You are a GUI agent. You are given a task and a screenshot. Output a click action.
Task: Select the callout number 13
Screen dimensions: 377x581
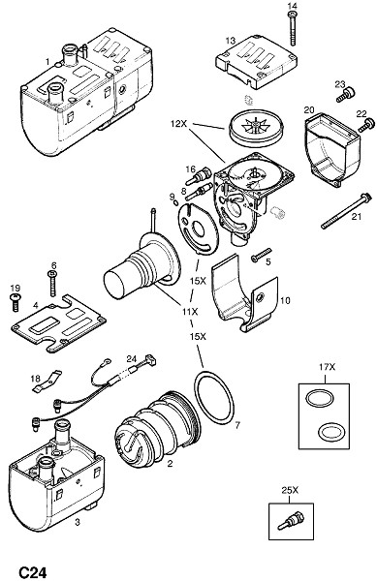231,40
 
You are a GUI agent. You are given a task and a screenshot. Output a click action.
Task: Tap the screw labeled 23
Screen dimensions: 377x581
346,94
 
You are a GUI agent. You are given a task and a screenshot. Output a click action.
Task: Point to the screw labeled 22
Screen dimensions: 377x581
366,125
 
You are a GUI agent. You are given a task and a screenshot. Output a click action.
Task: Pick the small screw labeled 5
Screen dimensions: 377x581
262,255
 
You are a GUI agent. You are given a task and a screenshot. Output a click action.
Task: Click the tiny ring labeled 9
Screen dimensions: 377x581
175,202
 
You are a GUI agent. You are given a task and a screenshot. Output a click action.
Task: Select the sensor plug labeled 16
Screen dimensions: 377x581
199,176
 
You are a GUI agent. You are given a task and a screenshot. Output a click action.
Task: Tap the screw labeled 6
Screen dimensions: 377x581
52,284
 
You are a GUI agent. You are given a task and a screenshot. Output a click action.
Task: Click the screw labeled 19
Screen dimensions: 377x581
16,301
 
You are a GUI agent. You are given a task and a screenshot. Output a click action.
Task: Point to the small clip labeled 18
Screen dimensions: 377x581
46,382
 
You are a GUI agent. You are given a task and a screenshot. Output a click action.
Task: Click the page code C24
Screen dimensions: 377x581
33,571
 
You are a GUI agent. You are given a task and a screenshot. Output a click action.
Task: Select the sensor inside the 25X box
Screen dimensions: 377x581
291,519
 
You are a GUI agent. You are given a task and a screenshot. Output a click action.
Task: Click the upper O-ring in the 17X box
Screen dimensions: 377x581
320,399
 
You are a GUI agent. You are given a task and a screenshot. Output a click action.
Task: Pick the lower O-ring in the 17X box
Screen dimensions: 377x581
332,433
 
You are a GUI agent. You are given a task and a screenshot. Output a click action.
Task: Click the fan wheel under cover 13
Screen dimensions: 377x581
256,128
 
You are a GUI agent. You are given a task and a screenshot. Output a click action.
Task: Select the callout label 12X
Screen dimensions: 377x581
178,124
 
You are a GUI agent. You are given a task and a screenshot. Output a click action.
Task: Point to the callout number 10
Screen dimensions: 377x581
285,300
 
